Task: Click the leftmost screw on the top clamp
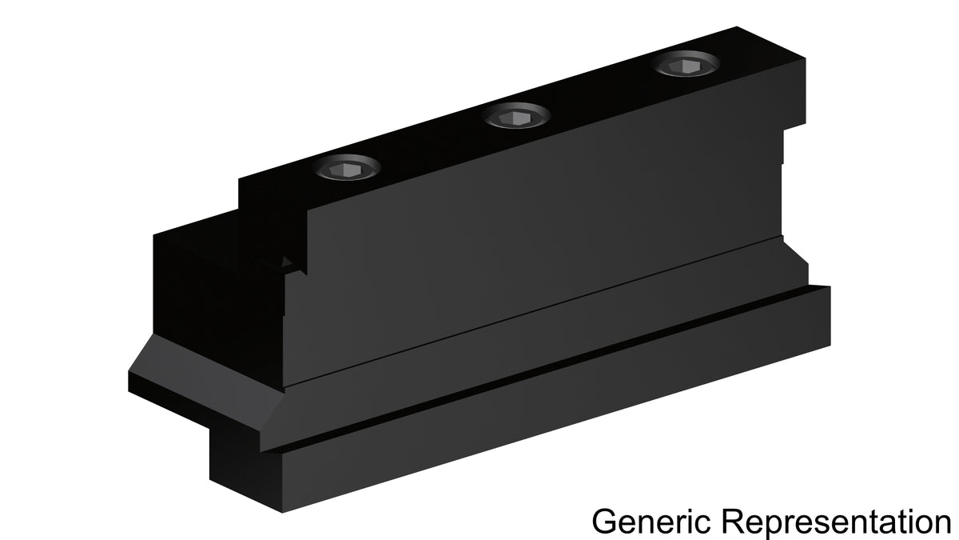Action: [x=347, y=167]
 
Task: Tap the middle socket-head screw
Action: [x=516, y=116]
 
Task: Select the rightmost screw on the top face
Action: [x=686, y=64]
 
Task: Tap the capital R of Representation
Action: [x=734, y=522]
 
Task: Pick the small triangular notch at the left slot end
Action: [x=286, y=262]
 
